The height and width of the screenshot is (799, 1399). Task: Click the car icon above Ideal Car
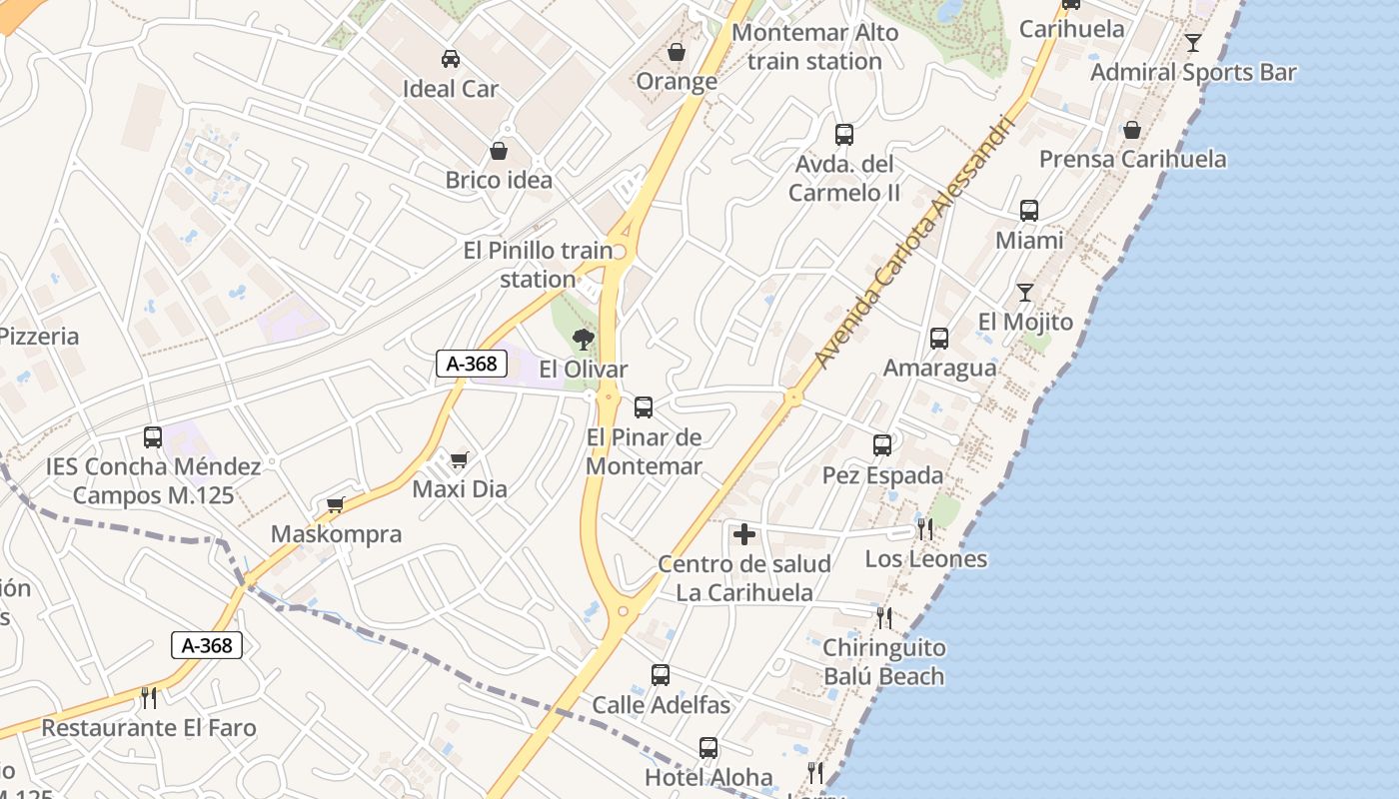pos(451,58)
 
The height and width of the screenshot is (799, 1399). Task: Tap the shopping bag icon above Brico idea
pos(499,151)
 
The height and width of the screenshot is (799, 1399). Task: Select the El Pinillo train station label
pos(538,265)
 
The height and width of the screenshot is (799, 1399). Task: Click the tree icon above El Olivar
pos(584,340)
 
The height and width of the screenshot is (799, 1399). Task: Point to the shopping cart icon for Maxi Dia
pos(459,459)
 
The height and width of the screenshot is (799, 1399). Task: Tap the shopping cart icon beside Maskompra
pos(336,504)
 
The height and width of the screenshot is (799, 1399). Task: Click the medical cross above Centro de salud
pos(744,534)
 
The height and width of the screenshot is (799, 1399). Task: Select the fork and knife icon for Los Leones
pos(925,528)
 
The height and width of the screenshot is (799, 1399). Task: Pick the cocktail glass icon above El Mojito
pos(1025,292)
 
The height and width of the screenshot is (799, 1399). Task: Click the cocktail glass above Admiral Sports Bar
pos(1193,42)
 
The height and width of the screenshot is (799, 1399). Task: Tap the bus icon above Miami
pos(1029,211)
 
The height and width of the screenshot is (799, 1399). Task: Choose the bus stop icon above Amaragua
pos(939,339)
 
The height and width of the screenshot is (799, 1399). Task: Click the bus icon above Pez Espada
pos(882,445)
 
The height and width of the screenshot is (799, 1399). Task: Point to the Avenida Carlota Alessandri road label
pos(914,243)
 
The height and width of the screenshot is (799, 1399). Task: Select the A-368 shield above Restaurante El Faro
pos(207,645)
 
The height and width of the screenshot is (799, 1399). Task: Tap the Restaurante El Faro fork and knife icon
pos(149,697)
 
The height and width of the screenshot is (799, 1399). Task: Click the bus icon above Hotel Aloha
pos(708,747)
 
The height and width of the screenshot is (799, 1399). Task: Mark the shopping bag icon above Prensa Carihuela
pos(1132,130)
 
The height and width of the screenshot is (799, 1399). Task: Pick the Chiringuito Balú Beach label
pos(883,662)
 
